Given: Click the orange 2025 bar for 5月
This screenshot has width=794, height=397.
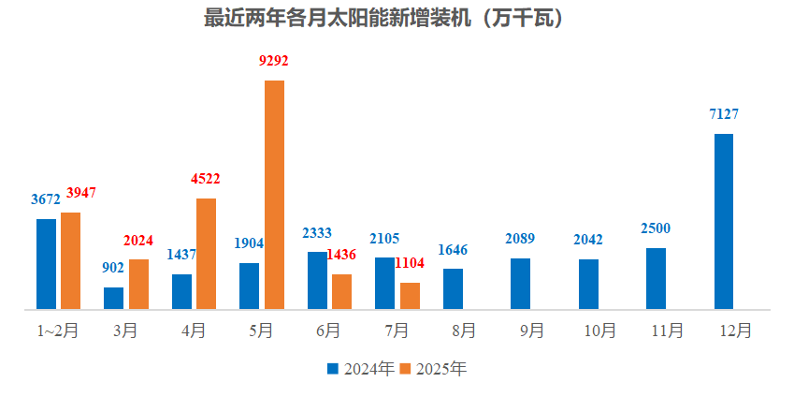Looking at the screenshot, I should point(274,195).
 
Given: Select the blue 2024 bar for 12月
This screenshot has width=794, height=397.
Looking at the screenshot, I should point(724,221).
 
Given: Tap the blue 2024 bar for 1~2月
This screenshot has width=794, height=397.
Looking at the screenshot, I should point(47,264).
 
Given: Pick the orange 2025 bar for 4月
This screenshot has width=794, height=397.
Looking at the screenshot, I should point(206,254).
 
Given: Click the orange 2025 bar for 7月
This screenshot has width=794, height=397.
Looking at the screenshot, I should point(410,296).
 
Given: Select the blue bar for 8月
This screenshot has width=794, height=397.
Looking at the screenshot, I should point(453,288).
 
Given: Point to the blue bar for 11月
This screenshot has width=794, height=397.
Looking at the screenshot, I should point(656,278).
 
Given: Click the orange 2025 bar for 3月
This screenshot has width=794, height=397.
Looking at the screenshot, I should point(138,284).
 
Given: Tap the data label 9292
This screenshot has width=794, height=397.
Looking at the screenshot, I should point(273,61).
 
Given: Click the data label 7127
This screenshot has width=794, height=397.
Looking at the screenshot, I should point(724,114).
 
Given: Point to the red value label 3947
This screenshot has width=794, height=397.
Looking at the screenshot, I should point(81,193).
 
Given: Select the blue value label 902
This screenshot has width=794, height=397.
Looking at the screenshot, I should point(113,268).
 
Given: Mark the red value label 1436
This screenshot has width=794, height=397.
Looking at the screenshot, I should point(341,255).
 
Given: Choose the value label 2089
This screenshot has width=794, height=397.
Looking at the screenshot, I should point(520,240).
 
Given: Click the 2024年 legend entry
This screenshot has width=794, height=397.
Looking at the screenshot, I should point(360,369).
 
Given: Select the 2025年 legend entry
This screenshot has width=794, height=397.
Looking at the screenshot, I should point(432,369).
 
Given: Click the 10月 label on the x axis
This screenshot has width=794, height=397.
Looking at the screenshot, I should point(599,331).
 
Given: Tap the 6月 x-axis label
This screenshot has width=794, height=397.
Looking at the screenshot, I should point(329,331).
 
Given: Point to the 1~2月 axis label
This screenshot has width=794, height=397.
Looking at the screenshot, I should point(58,331).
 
